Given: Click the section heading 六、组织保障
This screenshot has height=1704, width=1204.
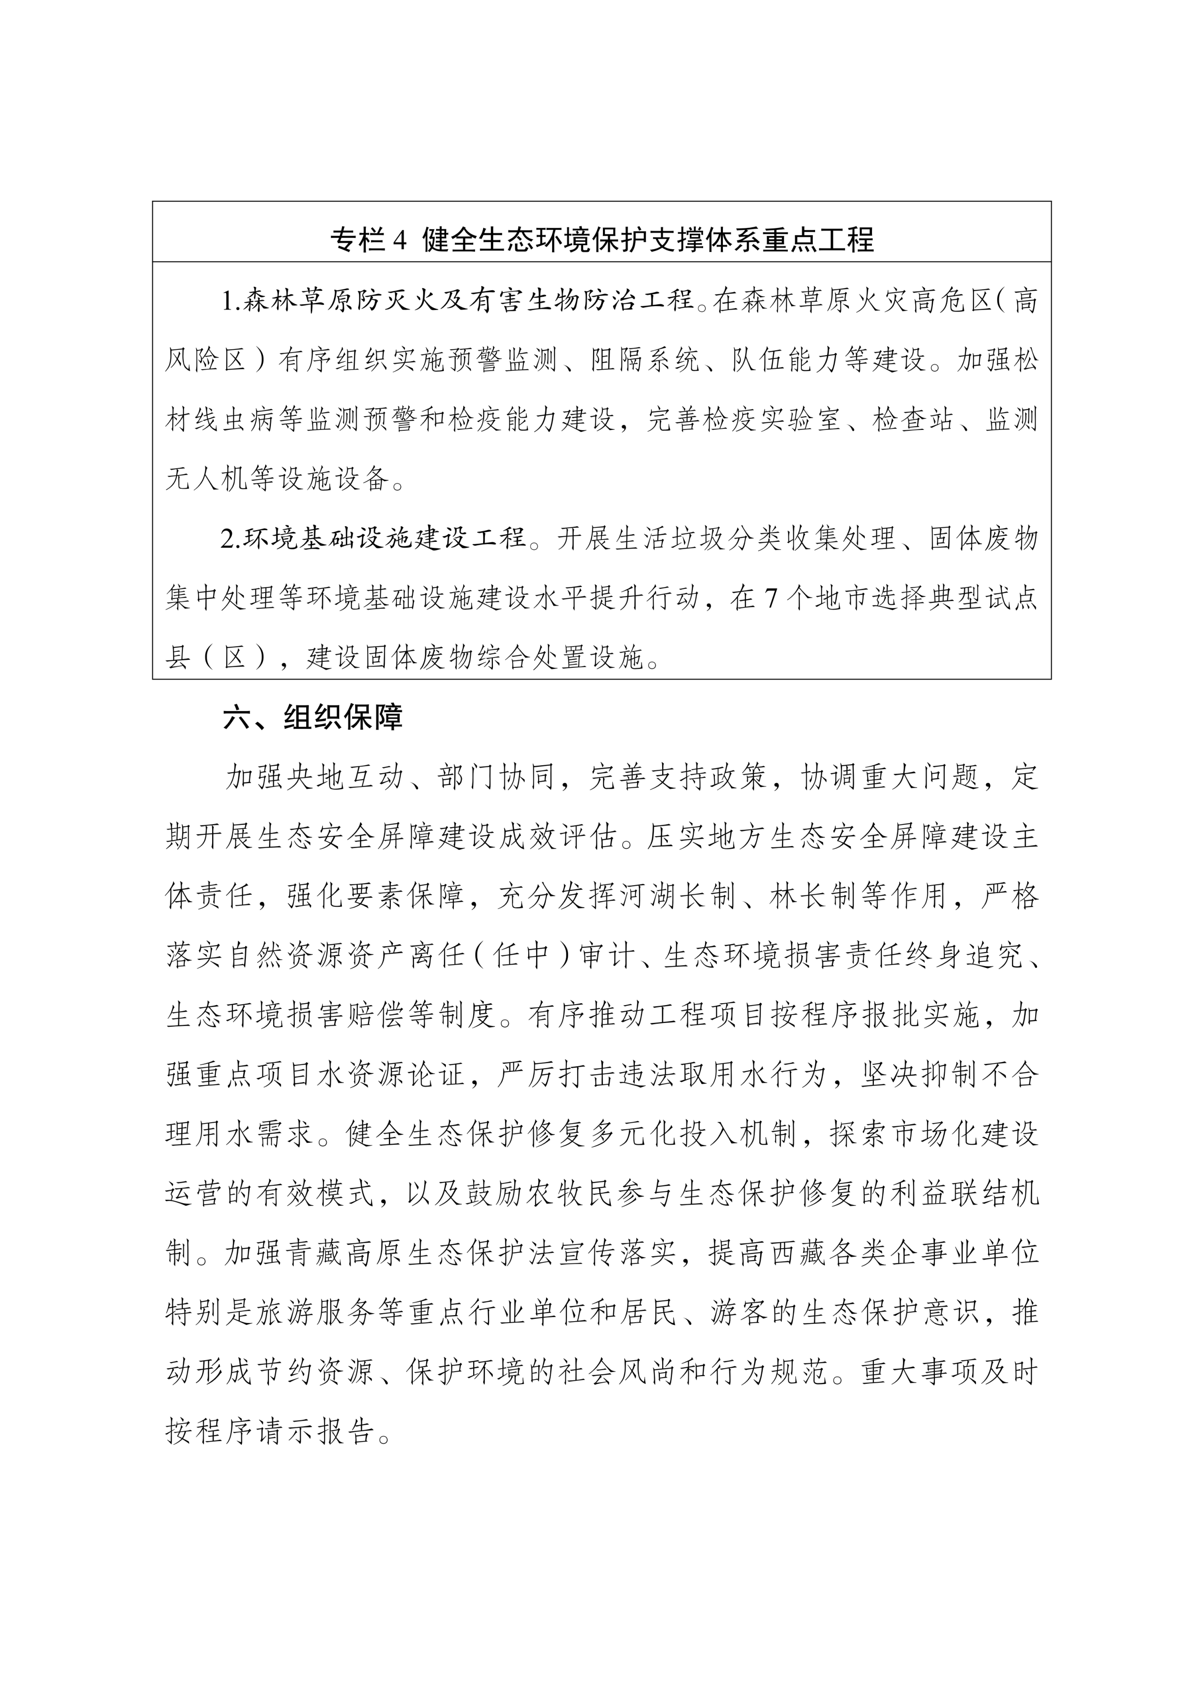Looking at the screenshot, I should (312, 717).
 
